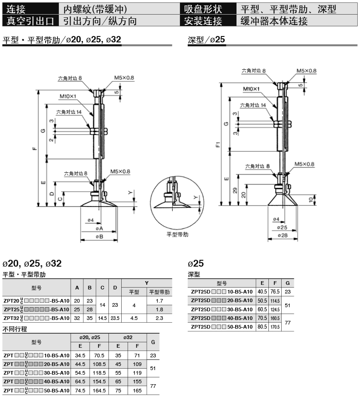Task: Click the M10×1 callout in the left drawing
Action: point(67,96)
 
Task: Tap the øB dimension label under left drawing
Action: point(99,237)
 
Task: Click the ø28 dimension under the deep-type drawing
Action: point(282,235)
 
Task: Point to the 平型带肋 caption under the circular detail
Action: point(177,234)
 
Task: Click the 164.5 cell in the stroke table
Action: point(99,391)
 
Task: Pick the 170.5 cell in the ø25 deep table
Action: point(275,327)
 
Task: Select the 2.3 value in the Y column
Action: point(159,318)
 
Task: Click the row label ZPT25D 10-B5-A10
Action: point(221,291)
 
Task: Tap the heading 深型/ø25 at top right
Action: point(206,40)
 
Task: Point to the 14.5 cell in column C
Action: point(103,318)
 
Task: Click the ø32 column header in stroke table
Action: point(128,337)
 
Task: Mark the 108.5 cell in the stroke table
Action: point(99,364)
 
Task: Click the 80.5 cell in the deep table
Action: point(262,327)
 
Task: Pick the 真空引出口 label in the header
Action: point(31,21)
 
